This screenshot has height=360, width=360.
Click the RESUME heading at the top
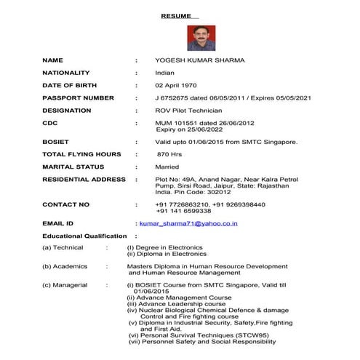179,14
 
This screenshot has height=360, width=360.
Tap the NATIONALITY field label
66,73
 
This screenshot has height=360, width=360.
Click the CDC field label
49,123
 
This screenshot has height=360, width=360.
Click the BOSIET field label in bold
55,142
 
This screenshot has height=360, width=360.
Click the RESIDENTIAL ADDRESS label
84,179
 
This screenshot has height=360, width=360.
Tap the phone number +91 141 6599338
193,211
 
